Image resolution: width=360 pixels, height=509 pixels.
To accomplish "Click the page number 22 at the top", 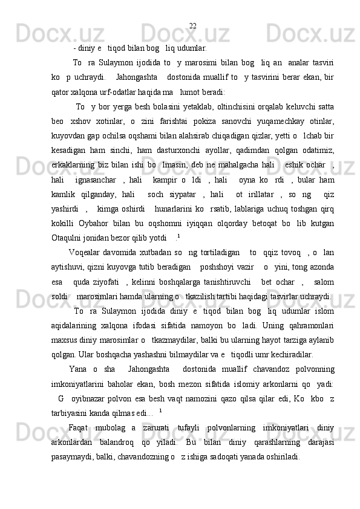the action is click(x=192, y=25).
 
